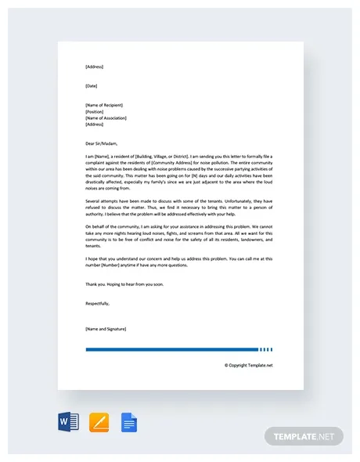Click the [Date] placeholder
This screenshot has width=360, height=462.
(x=92, y=85)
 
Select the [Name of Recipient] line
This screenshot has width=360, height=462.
(x=104, y=105)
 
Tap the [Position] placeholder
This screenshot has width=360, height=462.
(x=94, y=111)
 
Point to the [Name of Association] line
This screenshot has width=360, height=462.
(x=105, y=117)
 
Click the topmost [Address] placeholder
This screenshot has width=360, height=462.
(x=94, y=67)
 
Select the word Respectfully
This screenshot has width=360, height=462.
(x=98, y=301)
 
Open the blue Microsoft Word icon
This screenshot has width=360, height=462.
(x=69, y=422)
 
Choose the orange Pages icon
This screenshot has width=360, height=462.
(x=99, y=422)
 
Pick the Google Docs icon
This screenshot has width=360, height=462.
(x=129, y=422)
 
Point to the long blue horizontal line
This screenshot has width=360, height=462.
(x=171, y=349)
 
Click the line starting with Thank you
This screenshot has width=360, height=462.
(x=125, y=283)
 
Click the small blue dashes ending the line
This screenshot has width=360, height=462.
(x=266, y=349)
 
